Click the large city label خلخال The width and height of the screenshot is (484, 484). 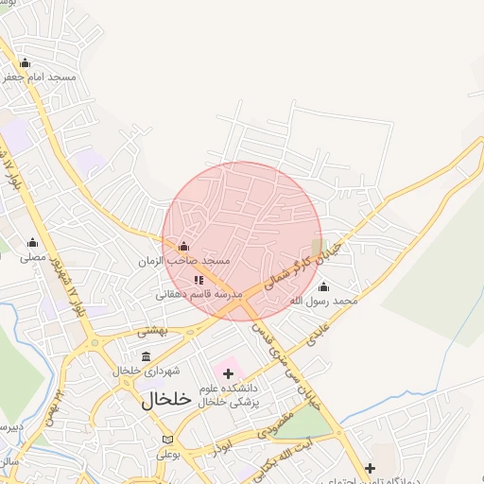tap(166, 400)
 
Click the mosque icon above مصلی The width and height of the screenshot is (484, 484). tap(33, 242)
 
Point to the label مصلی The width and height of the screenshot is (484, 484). tap(33, 256)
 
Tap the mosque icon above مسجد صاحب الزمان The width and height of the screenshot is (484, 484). tap(183, 247)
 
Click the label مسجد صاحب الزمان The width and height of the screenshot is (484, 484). tap(185, 260)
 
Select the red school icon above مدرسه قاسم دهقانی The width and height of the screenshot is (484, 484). tap(199, 280)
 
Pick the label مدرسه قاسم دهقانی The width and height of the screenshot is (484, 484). tap(199, 294)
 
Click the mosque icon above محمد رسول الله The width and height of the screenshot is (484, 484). tap(324, 286)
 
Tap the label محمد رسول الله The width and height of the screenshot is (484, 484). tap(325, 301)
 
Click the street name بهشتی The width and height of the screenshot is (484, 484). tap(152, 331)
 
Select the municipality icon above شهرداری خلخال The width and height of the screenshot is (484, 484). tap(146, 356)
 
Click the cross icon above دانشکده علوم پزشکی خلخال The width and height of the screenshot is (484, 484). tap(228, 373)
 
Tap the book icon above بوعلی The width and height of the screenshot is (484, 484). tap(167, 440)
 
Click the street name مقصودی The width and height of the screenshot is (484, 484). tap(275, 422)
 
